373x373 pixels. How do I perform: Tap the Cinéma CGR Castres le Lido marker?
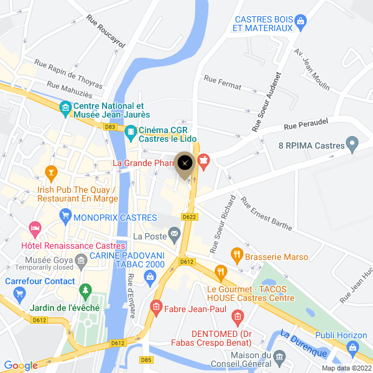pyautogui.click(x=131, y=131)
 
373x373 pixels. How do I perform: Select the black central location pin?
pyautogui.click(x=185, y=163)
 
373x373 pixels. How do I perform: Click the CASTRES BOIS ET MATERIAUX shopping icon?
pyautogui.click(x=301, y=22)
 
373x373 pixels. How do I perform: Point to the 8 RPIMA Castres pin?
pyautogui.click(x=352, y=145)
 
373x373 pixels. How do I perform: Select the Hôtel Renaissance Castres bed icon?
pyautogui.click(x=35, y=229)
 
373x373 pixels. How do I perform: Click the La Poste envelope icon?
pyautogui.click(x=173, y=235)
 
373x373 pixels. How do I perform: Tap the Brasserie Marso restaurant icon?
pyautogui.click(x=236, y=254)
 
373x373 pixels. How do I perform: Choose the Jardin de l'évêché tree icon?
pyautogui.click(x=85, y=291)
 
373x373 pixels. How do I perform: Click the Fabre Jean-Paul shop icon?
pyautogui.click(x=156, y=306)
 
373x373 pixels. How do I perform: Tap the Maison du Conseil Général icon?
pyautogui.click(x=280, y=357)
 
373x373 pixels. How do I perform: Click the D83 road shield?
pyautogui.click(x=111, y=127)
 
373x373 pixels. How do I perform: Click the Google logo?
pyautogui.click(x=21, y=366)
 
